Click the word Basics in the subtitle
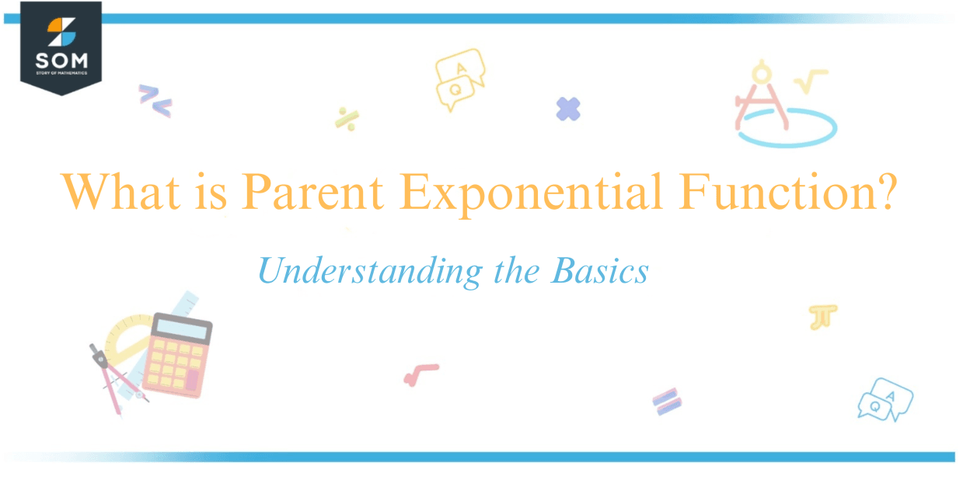(599, 271)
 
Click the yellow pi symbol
(822, 316)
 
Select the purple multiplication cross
(568, 109)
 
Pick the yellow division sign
(347, 118)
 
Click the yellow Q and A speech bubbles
(459, 78)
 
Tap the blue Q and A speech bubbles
(885, 400)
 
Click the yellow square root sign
(810, 81)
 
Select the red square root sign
(420, 374)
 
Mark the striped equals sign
(667, 401)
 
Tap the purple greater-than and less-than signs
(155, 100)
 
